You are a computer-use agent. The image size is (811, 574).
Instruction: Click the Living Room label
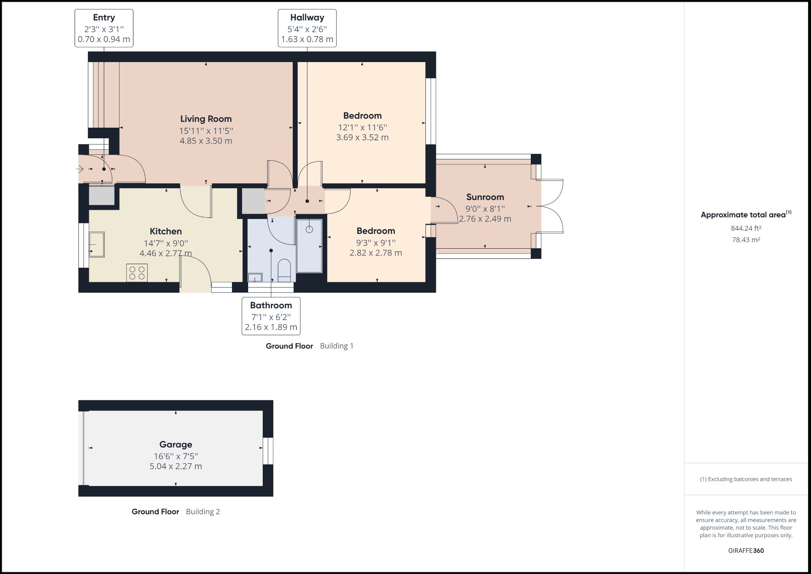coord(206,119)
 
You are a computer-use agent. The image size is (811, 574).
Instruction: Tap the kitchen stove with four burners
coord(137,273)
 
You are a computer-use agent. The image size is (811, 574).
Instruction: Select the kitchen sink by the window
coord(97,244)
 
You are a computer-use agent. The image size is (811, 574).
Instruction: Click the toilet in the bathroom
coord(284,270)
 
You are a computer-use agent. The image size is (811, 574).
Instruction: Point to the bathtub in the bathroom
coord(309,246)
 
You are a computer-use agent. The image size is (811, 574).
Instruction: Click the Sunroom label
coord(485,197)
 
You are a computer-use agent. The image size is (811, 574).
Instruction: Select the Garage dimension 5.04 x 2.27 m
coord(176,467)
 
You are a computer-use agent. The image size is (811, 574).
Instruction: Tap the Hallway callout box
coord(307,28)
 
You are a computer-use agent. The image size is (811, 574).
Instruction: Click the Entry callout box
coord(104,28)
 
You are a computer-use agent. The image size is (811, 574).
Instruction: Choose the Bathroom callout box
coord(271,316)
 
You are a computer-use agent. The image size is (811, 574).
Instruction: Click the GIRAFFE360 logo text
coord(746,550)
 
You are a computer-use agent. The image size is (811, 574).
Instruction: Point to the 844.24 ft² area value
coord(746,228)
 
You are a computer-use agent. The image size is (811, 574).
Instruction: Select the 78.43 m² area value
coord(746,240)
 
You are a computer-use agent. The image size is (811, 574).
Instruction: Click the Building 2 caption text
coord(203,512)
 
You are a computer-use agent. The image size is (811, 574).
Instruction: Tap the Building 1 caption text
coord(337,346)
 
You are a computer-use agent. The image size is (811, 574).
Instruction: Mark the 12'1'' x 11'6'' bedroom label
coord(362,127)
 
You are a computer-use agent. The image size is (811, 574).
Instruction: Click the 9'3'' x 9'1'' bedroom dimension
coord(375,243)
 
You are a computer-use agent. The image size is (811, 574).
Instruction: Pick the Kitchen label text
coord(165,231)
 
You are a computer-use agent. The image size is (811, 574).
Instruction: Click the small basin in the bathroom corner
coord(255,278)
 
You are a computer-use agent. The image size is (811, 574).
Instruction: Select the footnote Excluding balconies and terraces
coord(746,479)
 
